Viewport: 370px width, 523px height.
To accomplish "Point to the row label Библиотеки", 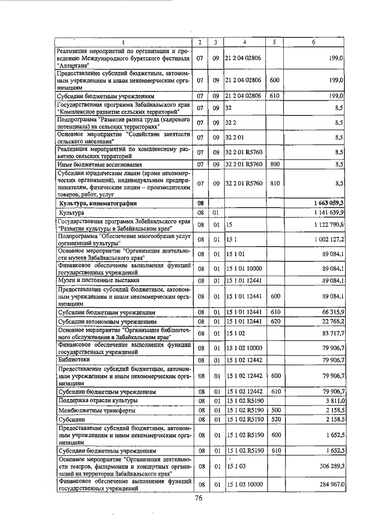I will pos(73,359).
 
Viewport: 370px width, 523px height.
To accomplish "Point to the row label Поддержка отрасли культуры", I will pos(97,400).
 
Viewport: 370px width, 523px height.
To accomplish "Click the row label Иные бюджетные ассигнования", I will pos(95,164).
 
